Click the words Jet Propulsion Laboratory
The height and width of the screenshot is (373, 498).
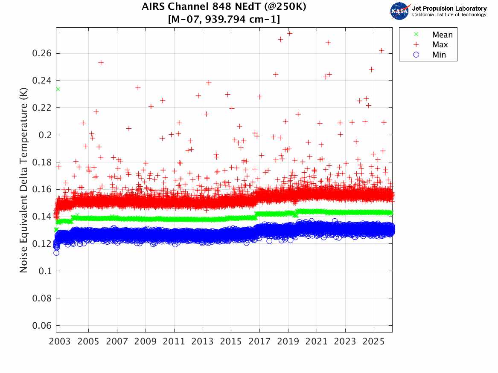(x=449, y=9)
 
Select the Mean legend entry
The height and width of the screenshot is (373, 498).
(x=442, y=35)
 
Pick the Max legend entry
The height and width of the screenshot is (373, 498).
(x=440, y=45)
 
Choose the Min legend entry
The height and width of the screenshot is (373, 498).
(x=439, y=55)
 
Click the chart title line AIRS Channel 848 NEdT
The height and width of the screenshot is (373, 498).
(x=224, y=7)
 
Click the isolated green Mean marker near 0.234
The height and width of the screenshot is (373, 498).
(x=58, y=89)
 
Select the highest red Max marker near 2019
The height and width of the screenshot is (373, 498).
(x=289, y=33)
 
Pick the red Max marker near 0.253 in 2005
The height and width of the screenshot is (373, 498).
(x=101, y=62)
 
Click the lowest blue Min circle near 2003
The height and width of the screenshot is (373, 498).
(x=56, y=253)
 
